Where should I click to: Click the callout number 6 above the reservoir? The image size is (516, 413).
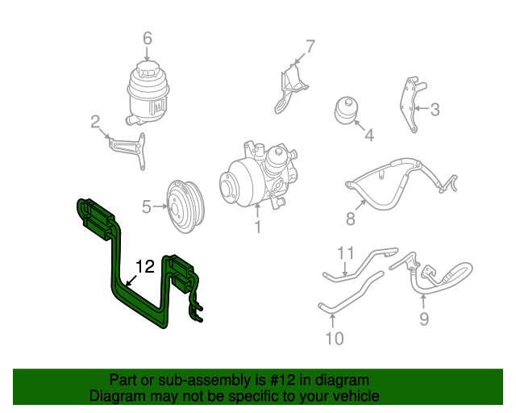click(x=148, y=38)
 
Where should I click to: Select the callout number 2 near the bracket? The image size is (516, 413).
click(x=95, y=122)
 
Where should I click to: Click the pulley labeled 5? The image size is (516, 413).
click(x=185, y=206)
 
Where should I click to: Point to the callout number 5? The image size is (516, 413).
click(x=147, y=206)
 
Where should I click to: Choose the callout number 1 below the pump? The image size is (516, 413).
click(x=258, y=227)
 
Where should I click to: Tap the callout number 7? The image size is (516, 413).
click(x=310, y=47)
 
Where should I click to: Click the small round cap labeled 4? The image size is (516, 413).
click(x=347, y=110)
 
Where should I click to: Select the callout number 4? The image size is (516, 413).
click(x=369, y=135)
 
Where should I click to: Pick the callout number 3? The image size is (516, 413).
click(x=435, y=110)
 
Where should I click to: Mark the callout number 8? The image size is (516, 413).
click(x=351, y=219)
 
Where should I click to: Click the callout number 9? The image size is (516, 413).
click(x=424, y=319)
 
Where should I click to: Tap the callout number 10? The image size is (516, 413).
click(x=335, y=338)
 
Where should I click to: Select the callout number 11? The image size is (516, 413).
click(x=346, y=253)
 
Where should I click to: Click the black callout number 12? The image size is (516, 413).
click(x=145, y=266)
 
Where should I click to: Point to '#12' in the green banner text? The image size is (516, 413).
click(x=282, y=380)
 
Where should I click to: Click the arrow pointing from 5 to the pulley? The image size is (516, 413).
click(x=160, y=206)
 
